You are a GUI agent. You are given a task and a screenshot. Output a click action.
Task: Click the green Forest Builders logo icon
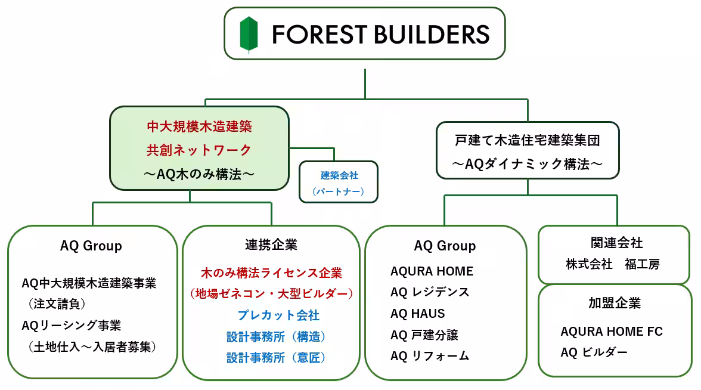coord(249,34)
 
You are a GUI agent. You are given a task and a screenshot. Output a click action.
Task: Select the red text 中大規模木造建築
coord(199,126)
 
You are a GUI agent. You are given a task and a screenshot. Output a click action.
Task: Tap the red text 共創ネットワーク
coord(199,150)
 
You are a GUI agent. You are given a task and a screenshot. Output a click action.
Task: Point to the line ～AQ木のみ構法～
coord(199,174)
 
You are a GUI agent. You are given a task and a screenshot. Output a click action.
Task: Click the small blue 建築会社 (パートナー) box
coord(339,182)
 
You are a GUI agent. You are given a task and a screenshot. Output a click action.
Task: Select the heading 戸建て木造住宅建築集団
coord(527,141)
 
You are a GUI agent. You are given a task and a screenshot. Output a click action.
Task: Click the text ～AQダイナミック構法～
coord(527,164)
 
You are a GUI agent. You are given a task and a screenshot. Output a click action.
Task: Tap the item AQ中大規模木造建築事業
coord(89,283)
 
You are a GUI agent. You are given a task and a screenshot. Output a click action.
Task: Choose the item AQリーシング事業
coord(72,325)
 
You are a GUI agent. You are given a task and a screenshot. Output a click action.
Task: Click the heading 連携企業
coord(271,244)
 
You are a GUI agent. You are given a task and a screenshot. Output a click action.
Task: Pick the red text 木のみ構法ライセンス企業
coord(271,273)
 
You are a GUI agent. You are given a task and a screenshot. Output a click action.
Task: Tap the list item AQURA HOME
coord(432,271)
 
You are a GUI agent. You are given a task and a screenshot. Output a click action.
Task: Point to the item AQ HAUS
coord(417,314)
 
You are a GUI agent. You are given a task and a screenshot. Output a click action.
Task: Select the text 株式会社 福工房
coord(613,264)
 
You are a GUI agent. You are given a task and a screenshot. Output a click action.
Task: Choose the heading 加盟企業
coord(614,303)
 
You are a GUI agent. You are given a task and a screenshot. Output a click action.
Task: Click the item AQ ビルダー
coord(594,352)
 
